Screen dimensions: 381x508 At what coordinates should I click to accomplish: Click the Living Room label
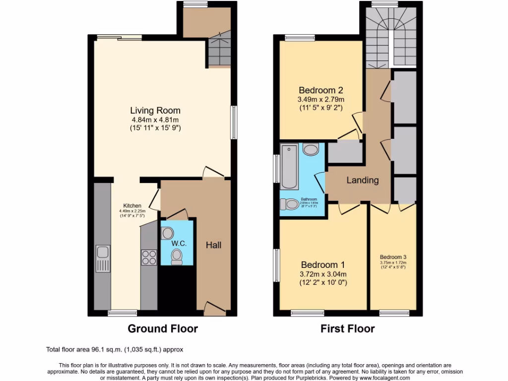[155, 110]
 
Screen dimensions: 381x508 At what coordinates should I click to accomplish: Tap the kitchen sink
[103, 259]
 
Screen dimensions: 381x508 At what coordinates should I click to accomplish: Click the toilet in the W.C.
[176, 255]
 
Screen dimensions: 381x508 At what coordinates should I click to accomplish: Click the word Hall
[213, 245]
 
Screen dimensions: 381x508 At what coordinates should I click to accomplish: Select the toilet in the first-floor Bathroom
[288, 204]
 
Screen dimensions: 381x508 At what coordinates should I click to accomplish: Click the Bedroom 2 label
[321, 90]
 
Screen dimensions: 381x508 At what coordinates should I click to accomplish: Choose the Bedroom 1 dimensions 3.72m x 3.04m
[323, 274]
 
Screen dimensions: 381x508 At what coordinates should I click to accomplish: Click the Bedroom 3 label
[393, 257]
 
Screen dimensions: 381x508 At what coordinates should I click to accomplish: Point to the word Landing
[362, 180]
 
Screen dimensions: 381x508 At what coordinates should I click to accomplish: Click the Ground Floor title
[163, 328]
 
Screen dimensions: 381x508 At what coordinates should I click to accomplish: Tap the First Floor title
[347, 328]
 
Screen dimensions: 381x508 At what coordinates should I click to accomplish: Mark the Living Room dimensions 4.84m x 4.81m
[155, 120]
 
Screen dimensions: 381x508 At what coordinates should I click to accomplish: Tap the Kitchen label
[132, 205]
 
